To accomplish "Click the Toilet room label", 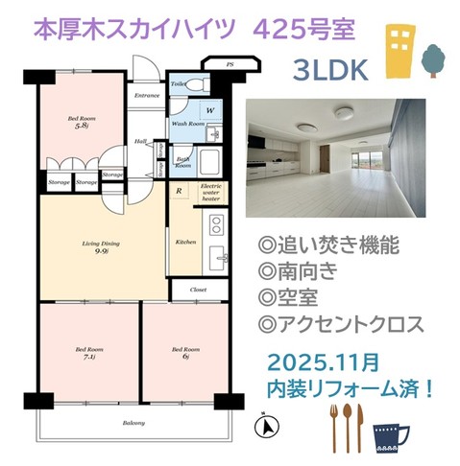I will pyautogui.click(x=179, y=84).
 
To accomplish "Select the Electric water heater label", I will pyautogui.click(x=211, y=192).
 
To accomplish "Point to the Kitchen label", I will pyautogui.click(x=185, y=243).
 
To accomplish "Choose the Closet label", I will pyautogui.click(x=199, y=288).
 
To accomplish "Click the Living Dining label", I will pyautogui.click(x=100, y=249).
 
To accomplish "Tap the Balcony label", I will pyautogui.click(x=133, y=422).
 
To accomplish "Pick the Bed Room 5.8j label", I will pyautogui.click(x=79, y=122).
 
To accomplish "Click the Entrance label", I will pyautogui.click(x=147, y=96).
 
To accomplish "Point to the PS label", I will pyautogui.click(x=230, y=65).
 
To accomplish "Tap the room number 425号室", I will pyautogui.click(x=301, y=29).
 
